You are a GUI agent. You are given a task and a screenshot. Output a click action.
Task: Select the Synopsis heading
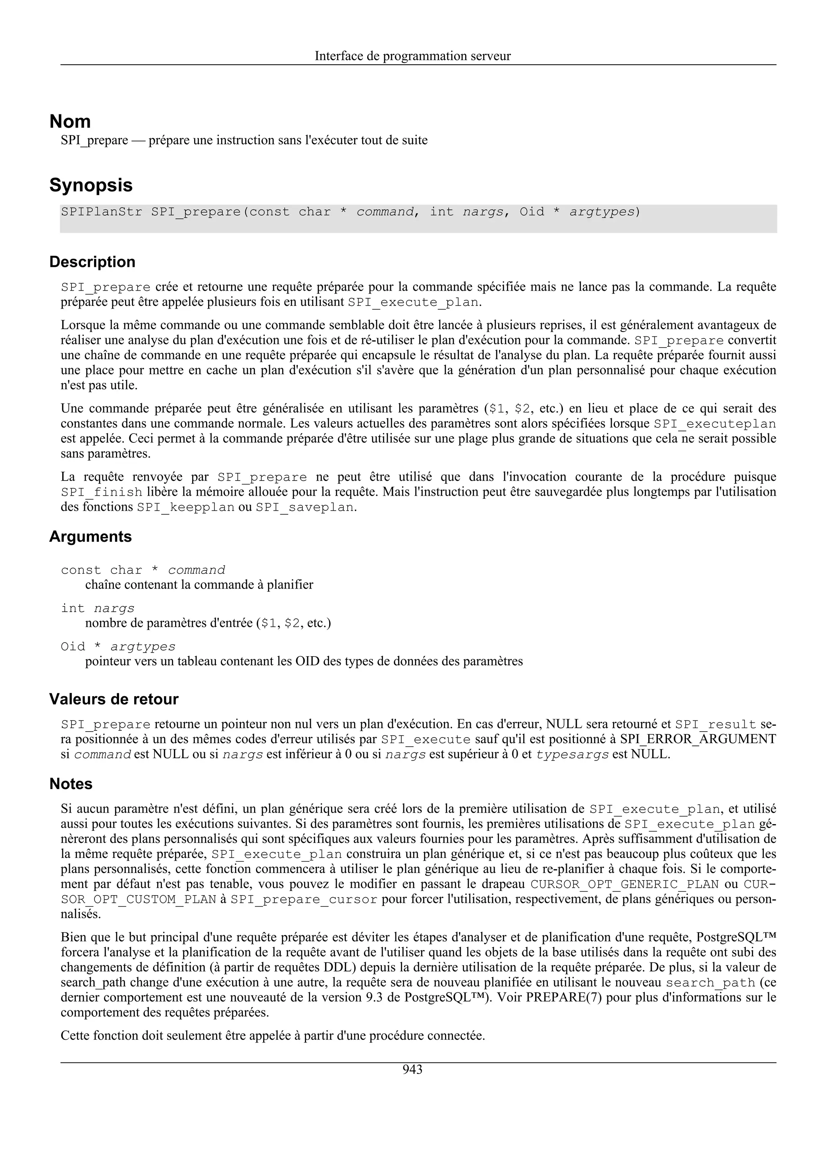click(91, 185)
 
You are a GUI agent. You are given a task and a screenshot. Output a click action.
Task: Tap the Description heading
click(92, 262)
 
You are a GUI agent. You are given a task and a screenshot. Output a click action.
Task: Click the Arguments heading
click(90, 537)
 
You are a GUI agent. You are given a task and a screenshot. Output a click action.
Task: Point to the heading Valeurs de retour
click(114, 699)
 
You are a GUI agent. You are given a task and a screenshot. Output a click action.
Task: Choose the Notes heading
click(71, 784)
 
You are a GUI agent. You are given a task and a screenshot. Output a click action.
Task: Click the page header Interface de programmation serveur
click(412, 56)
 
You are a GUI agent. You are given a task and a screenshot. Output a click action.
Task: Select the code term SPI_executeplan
click(715, 424)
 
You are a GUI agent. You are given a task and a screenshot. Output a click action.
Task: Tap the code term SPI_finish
click(102, 492)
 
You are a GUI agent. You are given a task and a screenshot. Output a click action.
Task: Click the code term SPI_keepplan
click(186, 507)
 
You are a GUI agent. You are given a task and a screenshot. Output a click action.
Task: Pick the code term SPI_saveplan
click(304, 507)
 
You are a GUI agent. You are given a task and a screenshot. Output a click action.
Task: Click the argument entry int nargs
click(98, 608)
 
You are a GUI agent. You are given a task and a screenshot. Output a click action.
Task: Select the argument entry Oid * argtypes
click(118, 647)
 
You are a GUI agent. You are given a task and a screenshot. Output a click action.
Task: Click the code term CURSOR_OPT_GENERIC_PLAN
click(624, 884)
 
